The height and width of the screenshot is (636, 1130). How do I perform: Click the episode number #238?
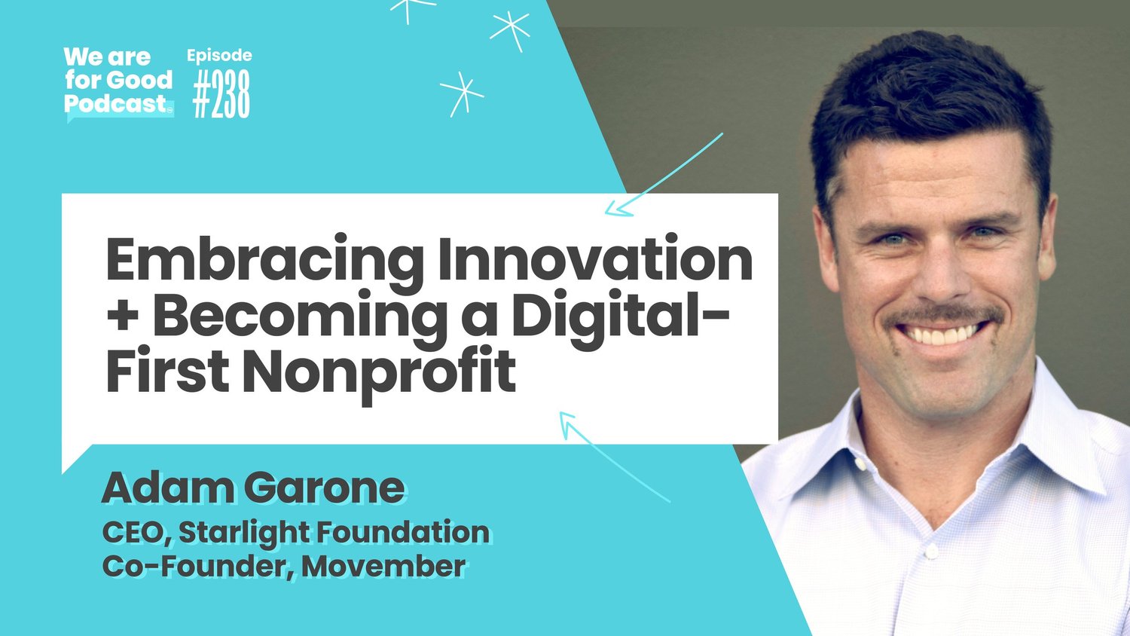pos(221,96)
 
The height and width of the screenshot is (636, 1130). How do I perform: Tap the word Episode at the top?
pos(219,56)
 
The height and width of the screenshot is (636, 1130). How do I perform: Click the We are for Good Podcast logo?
pos(118,81)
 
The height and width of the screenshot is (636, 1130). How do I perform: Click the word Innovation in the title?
pos(595,258)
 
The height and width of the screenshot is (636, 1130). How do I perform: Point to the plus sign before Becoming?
pos(122,316)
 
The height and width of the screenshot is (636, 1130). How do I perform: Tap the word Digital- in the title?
pos(620,316)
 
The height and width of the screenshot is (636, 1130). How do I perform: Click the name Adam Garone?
pos(253,488)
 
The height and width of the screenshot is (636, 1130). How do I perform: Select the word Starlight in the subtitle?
pos(244,532)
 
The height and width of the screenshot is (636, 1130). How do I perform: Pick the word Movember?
pos(383,566)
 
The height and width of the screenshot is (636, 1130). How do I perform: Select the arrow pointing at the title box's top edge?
pos(663,175)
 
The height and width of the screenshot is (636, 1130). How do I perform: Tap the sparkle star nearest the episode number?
pos(461,93)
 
